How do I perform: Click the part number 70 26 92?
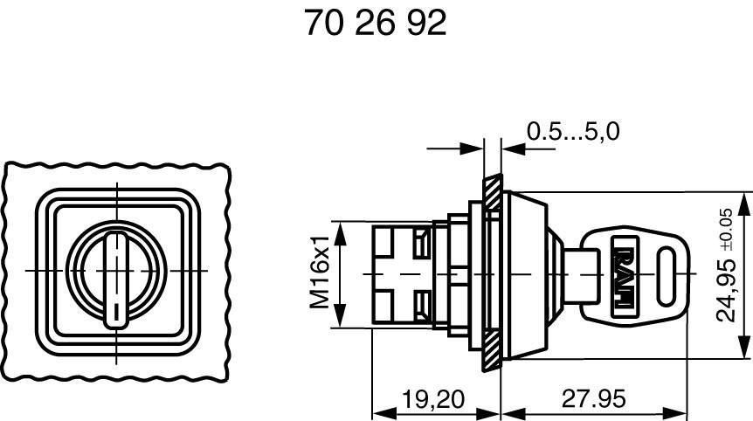(x=375, y=24)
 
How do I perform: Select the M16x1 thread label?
(x=322, y=271)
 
